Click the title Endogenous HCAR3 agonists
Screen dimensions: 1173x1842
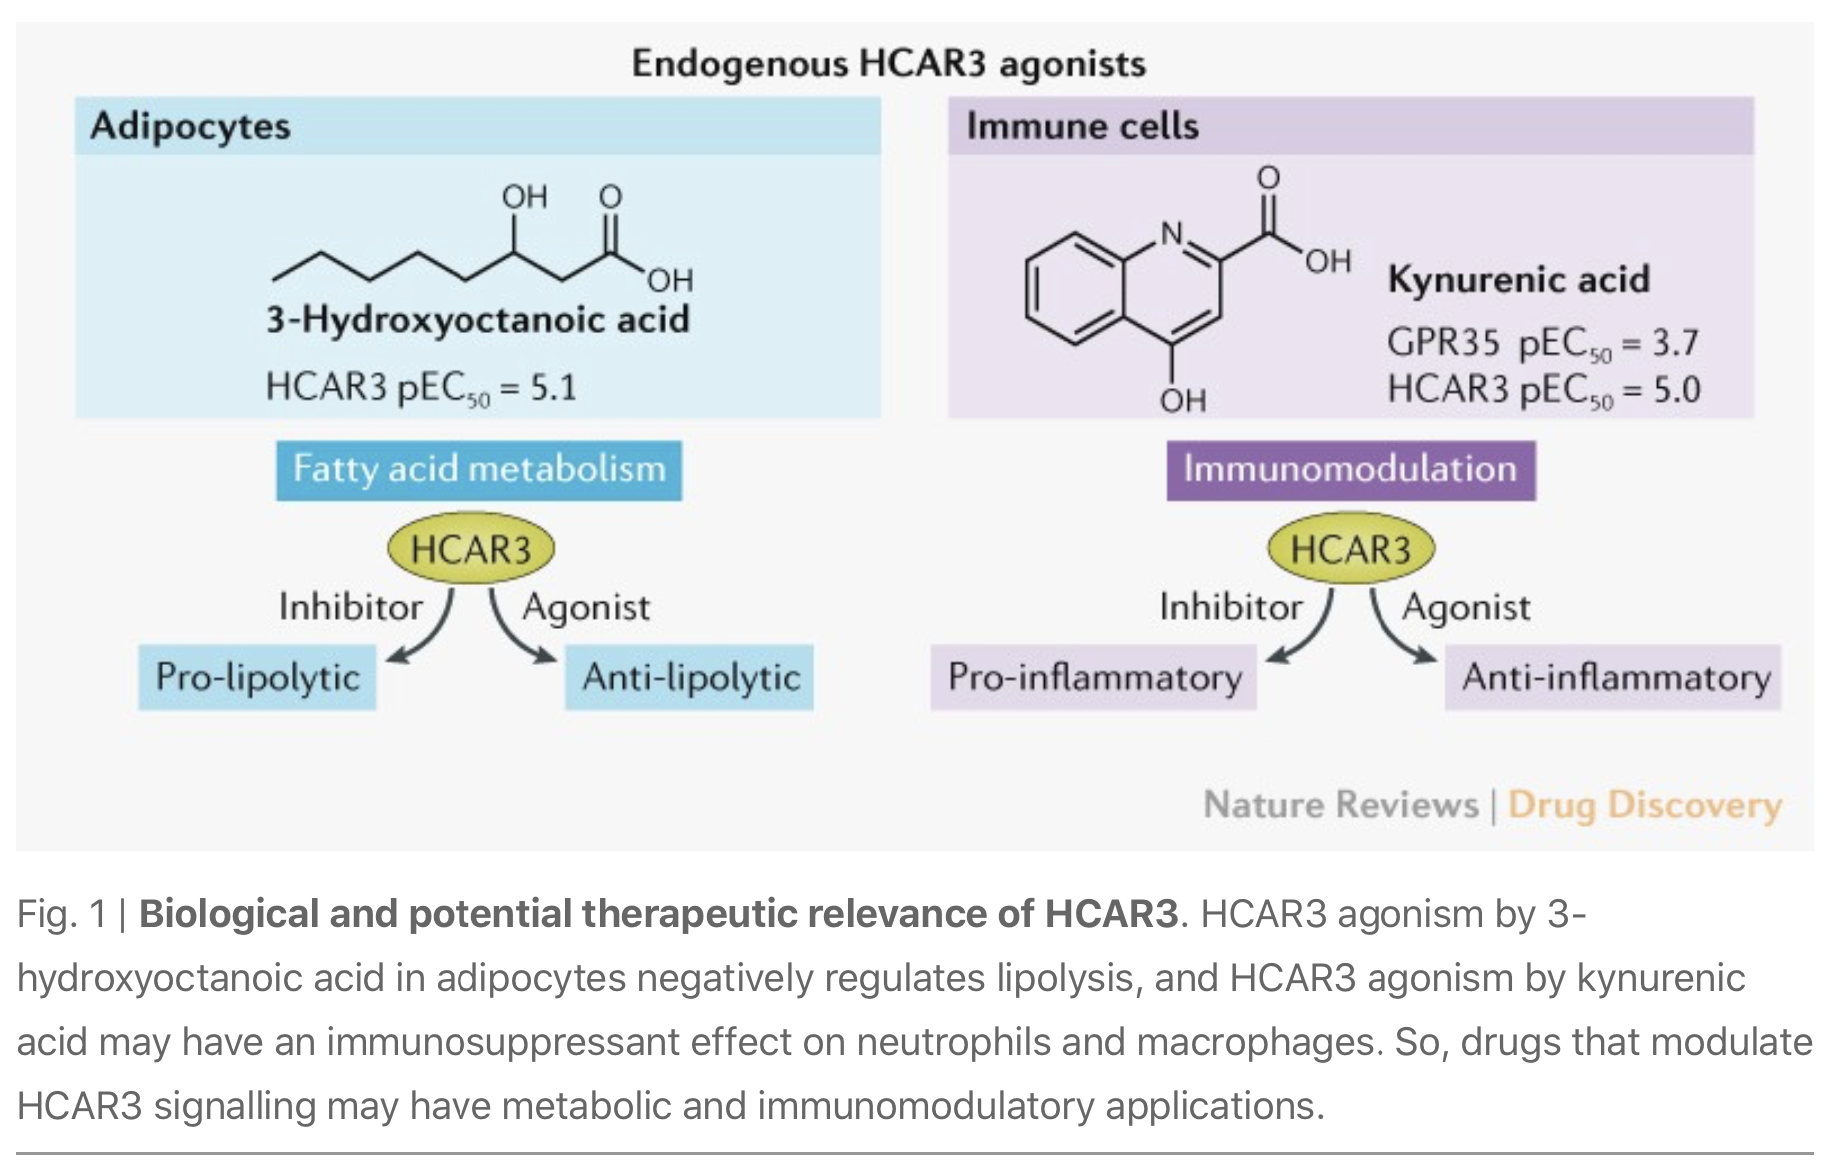[888, 64]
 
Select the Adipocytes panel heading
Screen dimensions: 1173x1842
[190, 126]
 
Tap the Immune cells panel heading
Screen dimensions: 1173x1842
[1082, 126]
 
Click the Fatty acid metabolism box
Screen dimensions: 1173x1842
[478, 469]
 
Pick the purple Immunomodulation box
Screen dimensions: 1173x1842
[1351, 469]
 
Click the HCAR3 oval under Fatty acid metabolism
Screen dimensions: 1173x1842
[470, 550]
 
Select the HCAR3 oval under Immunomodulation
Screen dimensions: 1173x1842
[1351, 550]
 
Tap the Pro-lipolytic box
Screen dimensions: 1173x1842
[257, 677]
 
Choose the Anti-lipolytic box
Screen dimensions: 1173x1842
[690, 677]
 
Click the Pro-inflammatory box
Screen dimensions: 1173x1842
[1094, 677]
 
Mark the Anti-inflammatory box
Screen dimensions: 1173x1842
[1614, 677]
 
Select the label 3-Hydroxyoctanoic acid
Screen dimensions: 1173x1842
[477, 320]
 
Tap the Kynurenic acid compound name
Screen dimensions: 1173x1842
[1518, 279]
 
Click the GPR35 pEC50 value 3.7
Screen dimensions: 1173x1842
[1674, 343]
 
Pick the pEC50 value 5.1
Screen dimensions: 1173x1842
[553, 387]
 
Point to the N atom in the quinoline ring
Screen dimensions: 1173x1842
[1171, 234]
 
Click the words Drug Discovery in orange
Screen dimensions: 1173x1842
[1644, 805]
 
